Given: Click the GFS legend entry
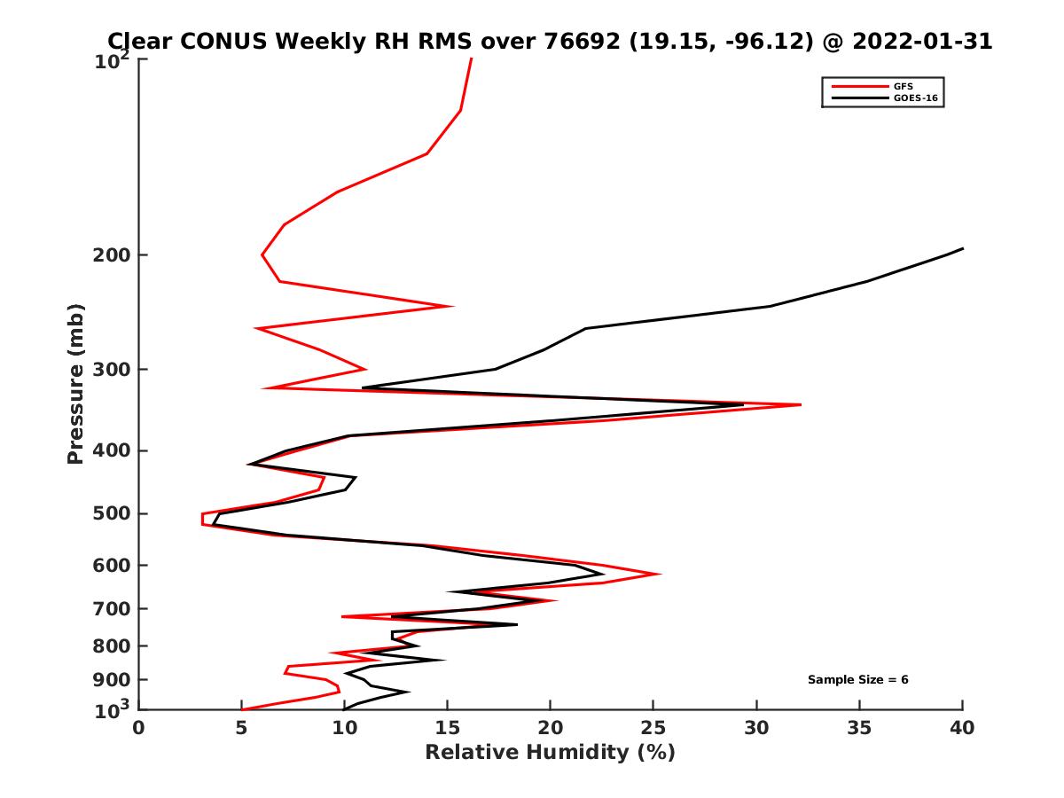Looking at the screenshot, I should tap(904, 86).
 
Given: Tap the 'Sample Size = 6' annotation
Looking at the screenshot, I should tap(857, 680).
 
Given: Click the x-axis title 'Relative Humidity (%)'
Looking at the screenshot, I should tap(550, 754).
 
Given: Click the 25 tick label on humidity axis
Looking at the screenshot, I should tap(653, 729).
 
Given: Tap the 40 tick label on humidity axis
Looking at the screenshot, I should tap(962, 729).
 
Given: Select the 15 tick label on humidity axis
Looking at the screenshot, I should tap(448, 729).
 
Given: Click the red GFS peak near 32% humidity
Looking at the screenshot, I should tap(800, 404).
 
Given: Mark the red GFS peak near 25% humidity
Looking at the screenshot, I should tap(660, 575).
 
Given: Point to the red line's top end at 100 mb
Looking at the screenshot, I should tap(472, 59).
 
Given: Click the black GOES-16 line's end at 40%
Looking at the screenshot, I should tap(962, 248).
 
